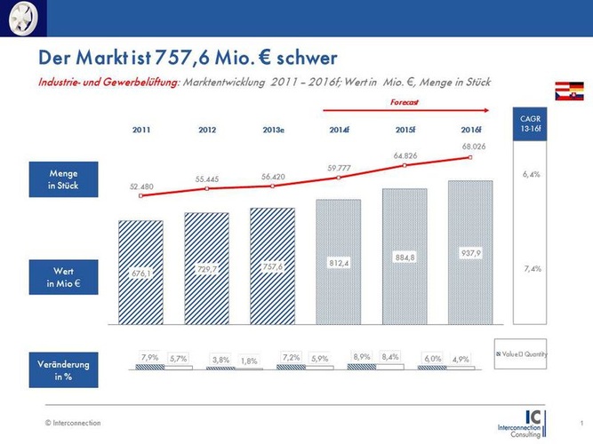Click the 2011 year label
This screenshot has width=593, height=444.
tap(141, 130)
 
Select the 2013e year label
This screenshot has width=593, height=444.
tap(273, 130)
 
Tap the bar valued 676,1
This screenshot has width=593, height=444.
tap(140, 272)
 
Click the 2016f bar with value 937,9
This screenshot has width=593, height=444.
tap(471, 252)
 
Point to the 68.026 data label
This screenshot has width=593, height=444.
tap(474, 147)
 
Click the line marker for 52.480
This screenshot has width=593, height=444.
tap(141, 195)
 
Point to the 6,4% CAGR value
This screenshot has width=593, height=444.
tap(532, 175)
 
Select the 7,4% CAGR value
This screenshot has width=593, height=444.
tap(532, 268)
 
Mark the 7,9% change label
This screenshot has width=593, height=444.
tap(150, 357)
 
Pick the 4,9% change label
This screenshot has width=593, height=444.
tap(461, 359)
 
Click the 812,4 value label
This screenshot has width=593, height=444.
tap(340, 263)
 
